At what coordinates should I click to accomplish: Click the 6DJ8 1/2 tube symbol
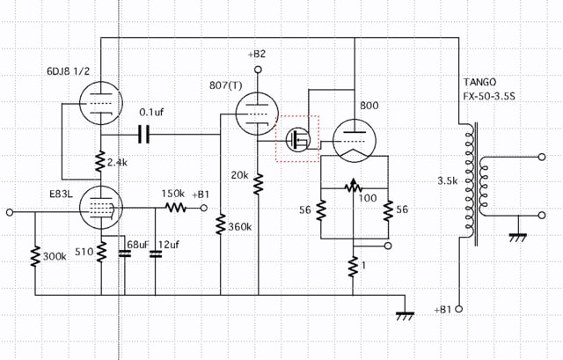[100, 103]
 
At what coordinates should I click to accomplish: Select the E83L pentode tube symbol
[100, 208]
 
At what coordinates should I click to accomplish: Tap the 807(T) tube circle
[257, 114]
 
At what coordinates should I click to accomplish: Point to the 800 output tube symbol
[354, 141]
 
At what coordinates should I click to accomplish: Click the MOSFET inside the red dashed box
[298, 139]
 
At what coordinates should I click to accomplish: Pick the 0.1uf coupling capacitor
[143, 135]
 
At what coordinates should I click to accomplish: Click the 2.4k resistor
[100, 161]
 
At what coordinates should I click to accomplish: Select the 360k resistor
[221, 224]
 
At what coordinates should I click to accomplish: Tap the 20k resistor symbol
[258, 184]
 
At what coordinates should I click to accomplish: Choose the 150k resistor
[175, 208]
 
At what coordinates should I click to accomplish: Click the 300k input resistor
[35, 256]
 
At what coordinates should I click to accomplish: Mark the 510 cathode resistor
[101, 252]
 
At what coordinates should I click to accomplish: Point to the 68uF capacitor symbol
[125, 253]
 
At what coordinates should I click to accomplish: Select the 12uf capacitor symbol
[156, 253]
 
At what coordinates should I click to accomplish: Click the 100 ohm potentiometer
[354, 186]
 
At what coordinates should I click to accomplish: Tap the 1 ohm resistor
[353, 267]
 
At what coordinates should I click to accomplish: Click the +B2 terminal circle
[258, 70]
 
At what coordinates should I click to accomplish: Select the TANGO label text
[480, 82]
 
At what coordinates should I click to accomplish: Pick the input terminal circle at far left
[10, 212]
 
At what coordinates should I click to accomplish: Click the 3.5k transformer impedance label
[448, 180]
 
